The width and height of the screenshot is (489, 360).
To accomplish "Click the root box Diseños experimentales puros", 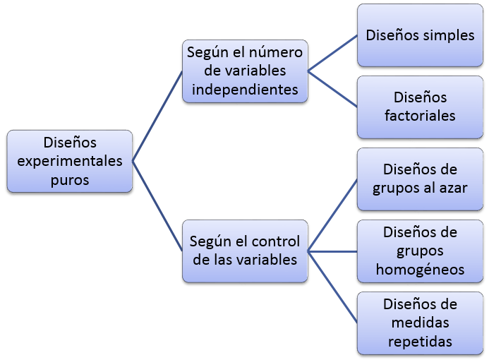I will pos(70,161).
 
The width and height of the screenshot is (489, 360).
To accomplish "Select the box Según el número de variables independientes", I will pos(245,71).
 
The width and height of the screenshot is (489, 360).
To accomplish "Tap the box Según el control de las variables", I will pos(245,251).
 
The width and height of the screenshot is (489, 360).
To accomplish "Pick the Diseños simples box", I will pos(420,35).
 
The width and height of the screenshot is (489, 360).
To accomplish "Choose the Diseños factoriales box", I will pos(420,106).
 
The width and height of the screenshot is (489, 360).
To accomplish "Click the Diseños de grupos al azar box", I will pos(420,179).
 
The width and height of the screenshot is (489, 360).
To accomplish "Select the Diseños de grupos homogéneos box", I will pos(420,251).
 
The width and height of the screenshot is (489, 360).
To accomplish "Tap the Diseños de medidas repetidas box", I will pos(420,323).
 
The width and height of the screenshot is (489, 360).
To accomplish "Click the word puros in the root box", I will pos(70,179).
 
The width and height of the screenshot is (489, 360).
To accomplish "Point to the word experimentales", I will pos(70,161).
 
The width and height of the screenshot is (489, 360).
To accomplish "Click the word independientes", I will pos(245,90).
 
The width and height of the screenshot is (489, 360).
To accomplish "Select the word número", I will pos(276,53).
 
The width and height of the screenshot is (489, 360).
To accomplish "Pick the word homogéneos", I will pos(420,269).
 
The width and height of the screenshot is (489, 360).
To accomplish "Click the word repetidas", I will pos(420,341).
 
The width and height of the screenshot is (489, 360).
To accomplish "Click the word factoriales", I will pos(420,115).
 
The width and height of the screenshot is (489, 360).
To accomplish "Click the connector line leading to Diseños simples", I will pos(333,53).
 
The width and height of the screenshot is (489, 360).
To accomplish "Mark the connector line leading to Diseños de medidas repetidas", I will pos(333,286).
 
